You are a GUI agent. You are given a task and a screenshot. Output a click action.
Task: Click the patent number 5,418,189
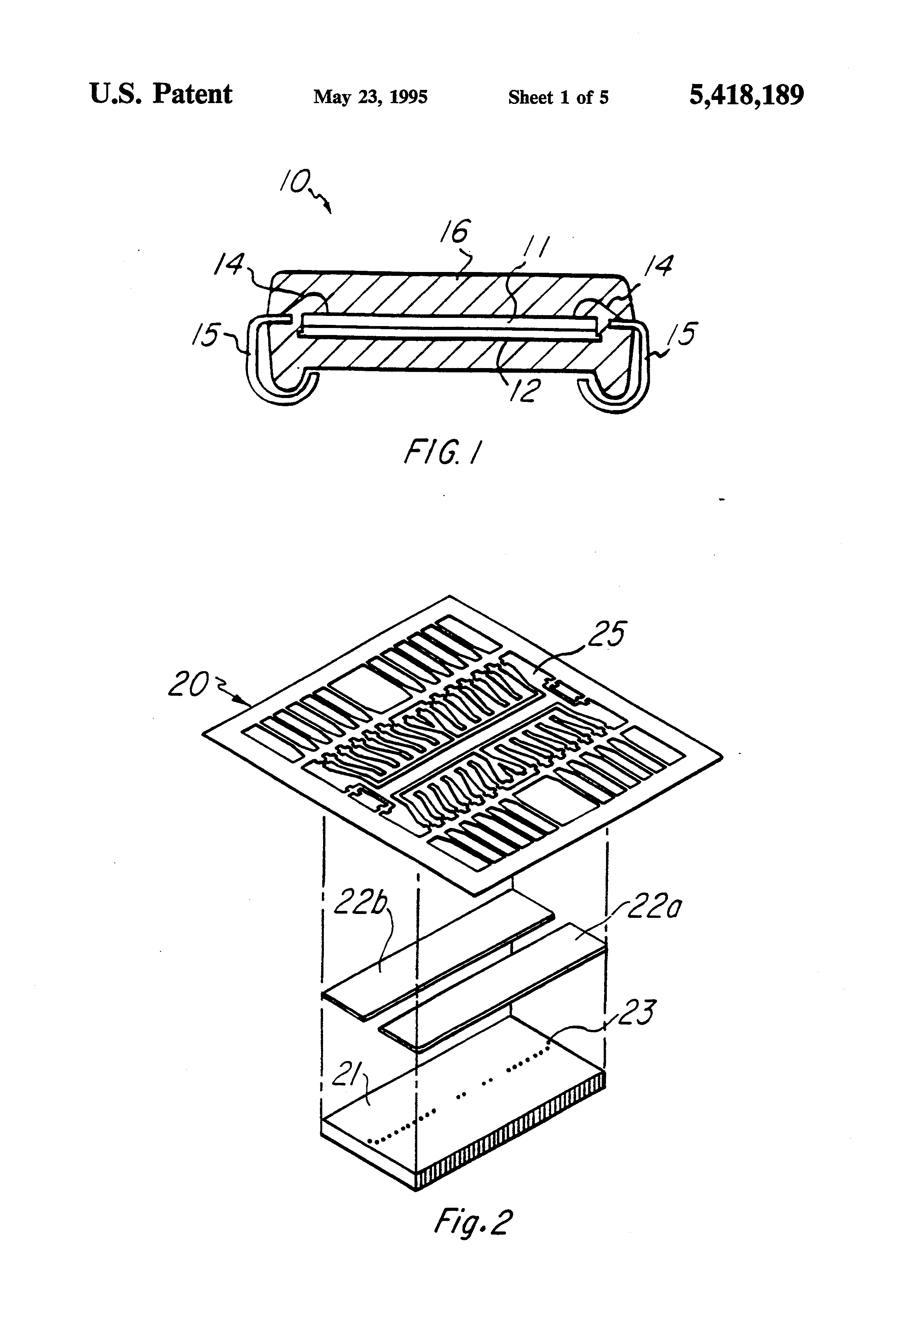(x=746, y=95)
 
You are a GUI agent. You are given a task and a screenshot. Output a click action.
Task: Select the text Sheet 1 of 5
(x=558, y=98)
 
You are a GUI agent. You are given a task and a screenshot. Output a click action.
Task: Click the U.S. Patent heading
(x=161, y=94)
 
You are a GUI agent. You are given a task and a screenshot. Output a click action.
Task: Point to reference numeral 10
(x=295, y=182)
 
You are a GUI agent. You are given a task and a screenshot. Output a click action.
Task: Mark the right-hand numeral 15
(x=683, y=334)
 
